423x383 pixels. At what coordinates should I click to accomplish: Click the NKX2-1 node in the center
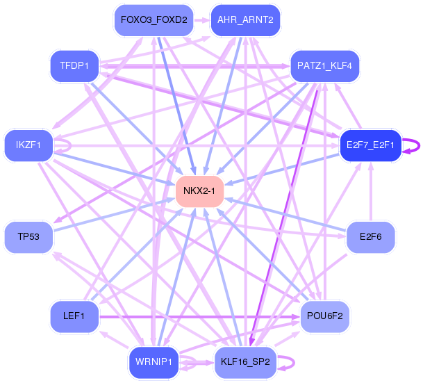199,190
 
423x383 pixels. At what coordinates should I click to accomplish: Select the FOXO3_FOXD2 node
154,19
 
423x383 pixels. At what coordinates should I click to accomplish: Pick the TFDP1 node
74,66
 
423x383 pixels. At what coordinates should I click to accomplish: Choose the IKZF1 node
28,145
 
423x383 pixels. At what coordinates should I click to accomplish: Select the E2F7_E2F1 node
370,145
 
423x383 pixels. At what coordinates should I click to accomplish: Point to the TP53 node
28,237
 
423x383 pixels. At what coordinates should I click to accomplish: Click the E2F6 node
370,237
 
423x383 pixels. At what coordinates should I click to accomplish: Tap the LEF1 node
74,316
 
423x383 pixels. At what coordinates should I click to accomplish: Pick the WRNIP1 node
154,361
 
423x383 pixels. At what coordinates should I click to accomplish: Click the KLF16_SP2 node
245,361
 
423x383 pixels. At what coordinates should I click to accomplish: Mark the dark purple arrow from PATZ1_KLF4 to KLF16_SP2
285,215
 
